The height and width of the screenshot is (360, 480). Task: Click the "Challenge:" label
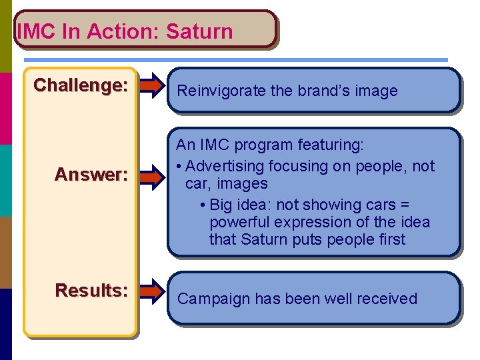click(81, 85)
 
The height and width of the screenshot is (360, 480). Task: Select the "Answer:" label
click(91, 175)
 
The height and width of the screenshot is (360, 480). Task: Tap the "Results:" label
click(91, 291)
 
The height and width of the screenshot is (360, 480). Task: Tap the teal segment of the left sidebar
click(6, 180)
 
